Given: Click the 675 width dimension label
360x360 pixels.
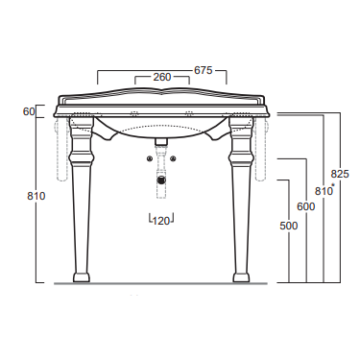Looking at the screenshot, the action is click(204, 70).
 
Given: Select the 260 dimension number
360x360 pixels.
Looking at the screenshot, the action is click(162, 77).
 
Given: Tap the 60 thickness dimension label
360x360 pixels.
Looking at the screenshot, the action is click(29, 111).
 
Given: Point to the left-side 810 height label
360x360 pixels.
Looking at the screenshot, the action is click(36, 196).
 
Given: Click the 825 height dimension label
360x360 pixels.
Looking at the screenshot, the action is click(340, 174).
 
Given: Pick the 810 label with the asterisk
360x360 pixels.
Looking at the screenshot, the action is click(324, 191).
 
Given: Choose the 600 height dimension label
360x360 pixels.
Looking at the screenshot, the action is click(306, 206).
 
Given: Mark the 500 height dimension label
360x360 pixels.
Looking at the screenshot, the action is click(289, 226).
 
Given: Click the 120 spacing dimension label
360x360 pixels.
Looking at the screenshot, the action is click(161, 221).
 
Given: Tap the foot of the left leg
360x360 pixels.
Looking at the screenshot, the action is click(82, 277).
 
